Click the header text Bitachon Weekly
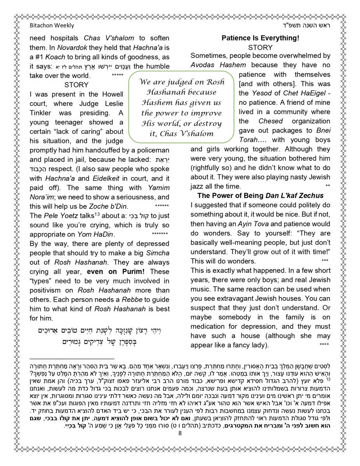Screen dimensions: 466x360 point(52,26)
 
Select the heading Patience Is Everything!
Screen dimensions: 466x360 point(260,38)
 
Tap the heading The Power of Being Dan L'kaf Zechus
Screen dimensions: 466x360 point(260,196)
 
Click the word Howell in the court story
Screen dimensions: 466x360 point(111,94)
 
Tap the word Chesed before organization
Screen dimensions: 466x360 point(271,121)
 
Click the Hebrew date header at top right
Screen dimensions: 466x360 point(310,26)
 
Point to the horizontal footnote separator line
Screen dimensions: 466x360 point(72,359)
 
